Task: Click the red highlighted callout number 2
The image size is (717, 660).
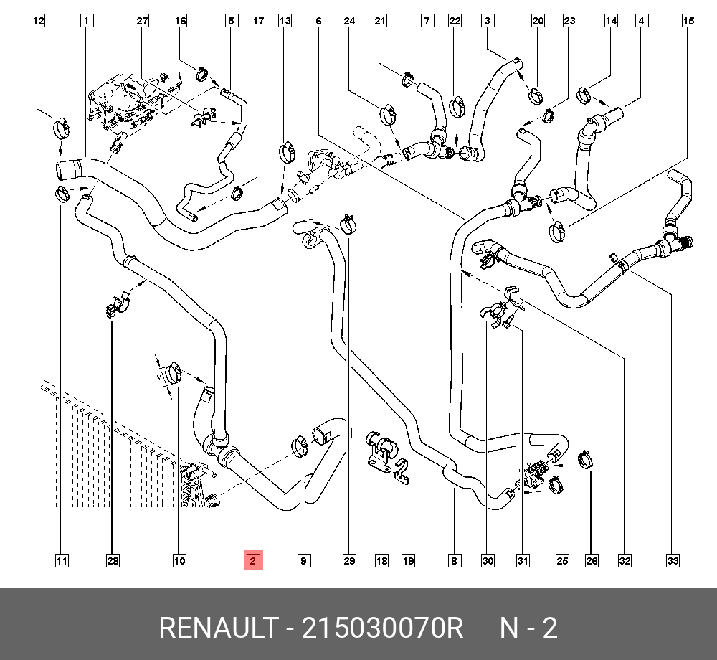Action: pos(253,560)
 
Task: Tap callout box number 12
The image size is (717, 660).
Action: pos(38,21)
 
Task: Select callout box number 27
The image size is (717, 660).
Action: pos(142,21)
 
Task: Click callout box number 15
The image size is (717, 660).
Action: pos(688,21)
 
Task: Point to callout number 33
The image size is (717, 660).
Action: pos(673,560)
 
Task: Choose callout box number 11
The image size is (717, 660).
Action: pos(62,560)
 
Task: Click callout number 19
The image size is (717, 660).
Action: pos(408,560)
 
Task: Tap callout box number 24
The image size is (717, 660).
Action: pos(349,21)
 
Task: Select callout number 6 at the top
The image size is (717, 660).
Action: pos(318,21)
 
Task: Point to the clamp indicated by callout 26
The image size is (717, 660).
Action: pos(586,458)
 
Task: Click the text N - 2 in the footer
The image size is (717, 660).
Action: pos(528,628)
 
